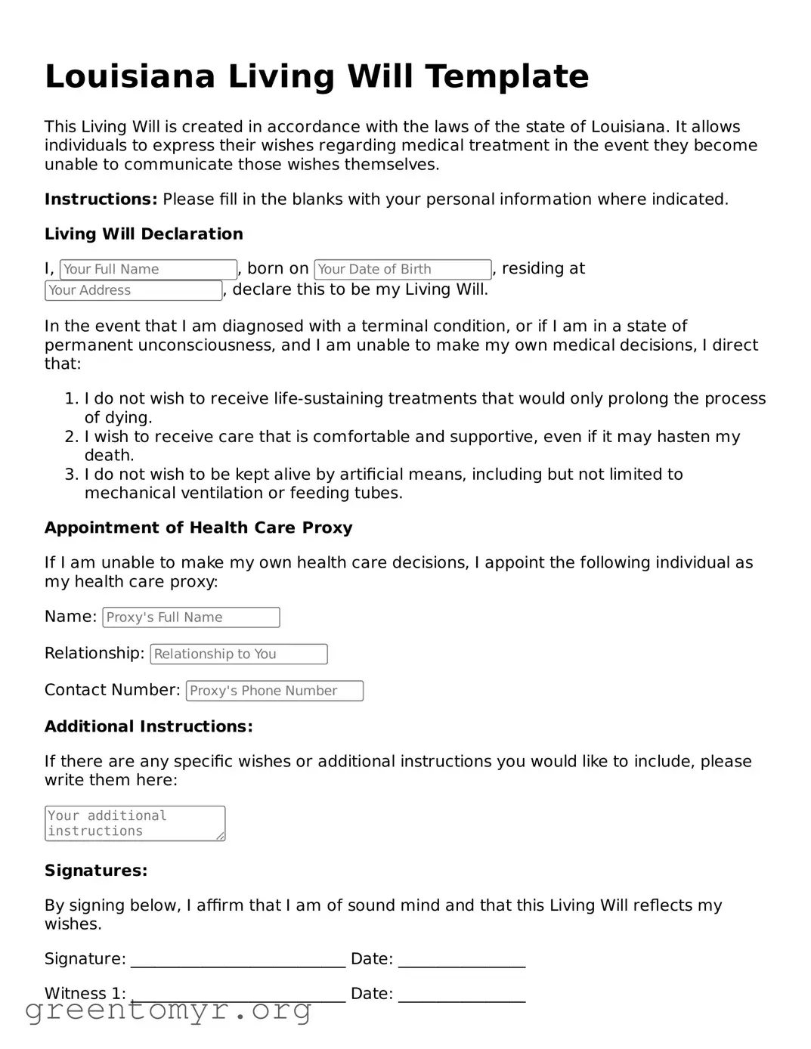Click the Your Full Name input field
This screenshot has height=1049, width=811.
148,270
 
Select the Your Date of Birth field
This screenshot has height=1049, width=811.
403,270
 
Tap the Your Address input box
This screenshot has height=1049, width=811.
133,291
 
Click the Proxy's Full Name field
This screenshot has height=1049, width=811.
191,617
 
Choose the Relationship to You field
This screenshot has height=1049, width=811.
239,654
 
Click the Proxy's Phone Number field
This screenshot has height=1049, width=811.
274,691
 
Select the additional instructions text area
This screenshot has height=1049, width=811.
135,823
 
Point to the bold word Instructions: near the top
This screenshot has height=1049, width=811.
101,200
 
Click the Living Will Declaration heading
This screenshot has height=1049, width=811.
144,234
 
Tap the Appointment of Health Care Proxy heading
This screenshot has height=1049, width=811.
198,528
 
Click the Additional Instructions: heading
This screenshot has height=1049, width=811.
148,727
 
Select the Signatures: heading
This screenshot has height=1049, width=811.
96,871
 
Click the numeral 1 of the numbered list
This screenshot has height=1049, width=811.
71,399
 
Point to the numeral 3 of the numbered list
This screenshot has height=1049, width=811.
71,475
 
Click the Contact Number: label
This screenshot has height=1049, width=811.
112,690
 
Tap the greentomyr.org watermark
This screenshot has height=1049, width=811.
169,1010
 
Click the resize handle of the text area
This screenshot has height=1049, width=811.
220,836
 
